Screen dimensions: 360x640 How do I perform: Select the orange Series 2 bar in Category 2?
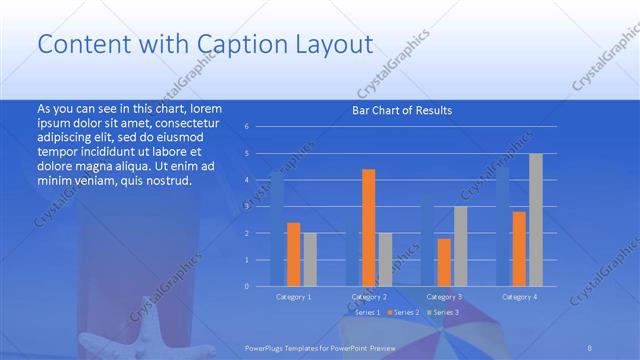[369, 227]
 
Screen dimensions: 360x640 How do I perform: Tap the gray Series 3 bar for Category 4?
[536, 219]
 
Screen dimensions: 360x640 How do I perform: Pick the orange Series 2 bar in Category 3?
[444, 262]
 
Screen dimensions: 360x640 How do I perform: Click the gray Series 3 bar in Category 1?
[310, 259]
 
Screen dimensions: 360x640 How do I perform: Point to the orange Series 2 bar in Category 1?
[294, 254]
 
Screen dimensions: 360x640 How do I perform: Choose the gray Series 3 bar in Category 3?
[460, 246]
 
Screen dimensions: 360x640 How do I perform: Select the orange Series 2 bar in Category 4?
[520, 248]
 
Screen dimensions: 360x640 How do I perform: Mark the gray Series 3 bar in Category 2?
[385, 259]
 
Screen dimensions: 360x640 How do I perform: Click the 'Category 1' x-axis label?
[294, 297]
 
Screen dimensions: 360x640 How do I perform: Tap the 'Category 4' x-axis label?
[519, 297]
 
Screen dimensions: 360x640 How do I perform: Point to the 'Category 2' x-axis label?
[369, 297]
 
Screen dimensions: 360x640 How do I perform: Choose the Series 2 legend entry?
[403, 313]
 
